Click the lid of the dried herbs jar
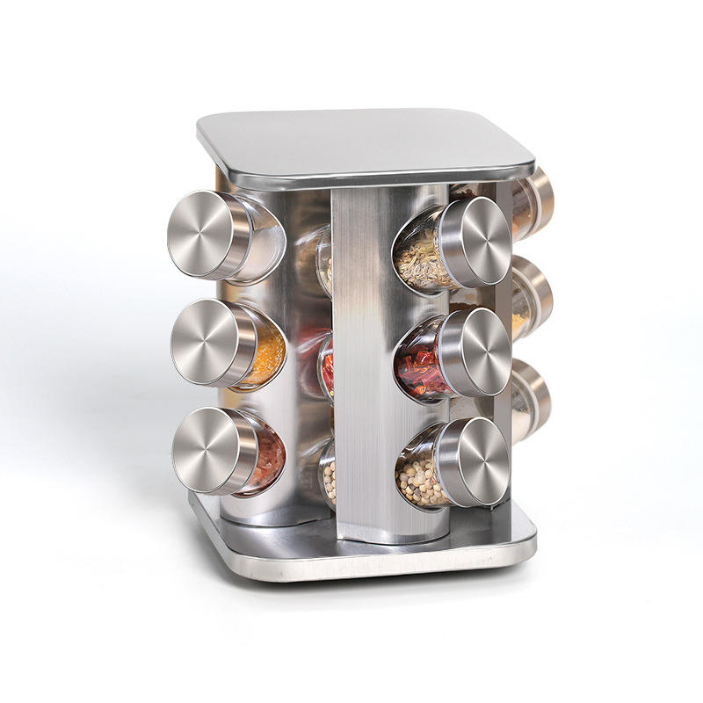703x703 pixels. pyautogui.click(x=475, y=242)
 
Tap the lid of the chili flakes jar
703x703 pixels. pyautogui.click(x=475, y=351)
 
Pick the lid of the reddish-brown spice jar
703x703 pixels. pyautogui.click(x=207, y=451)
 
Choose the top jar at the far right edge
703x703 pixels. pyautogui.click(x=533, y=204)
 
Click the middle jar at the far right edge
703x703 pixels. pyautogui.click(x=532, y=299)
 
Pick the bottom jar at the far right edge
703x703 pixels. pyautogui.click(x=531, y=397)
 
